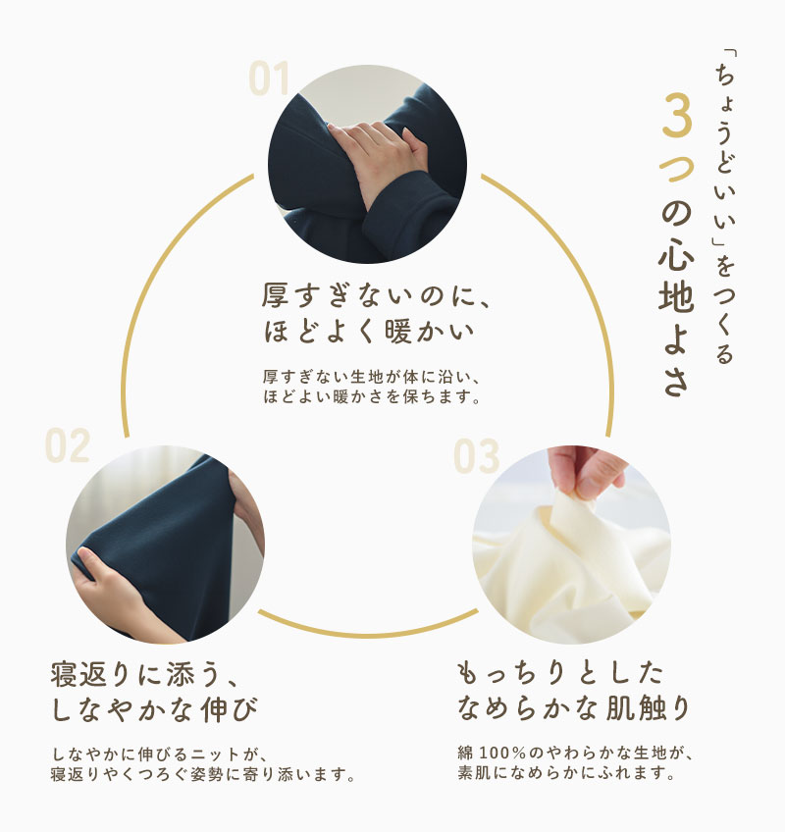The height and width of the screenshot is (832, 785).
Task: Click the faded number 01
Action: [x=269, y=78]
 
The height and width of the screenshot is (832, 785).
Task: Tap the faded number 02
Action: [x=68, y=445]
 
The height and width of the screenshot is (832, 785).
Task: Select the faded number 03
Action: [x=476, y=455]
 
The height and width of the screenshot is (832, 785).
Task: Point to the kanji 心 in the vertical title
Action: [x=677, y=257]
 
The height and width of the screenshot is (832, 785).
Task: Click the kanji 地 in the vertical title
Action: [x=677, y=296]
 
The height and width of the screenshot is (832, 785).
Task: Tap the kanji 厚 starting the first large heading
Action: [x=275, y=295]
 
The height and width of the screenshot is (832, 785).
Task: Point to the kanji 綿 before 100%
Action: [x=465, y=753]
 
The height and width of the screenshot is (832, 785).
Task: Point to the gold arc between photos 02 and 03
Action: [x=368, y=633]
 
